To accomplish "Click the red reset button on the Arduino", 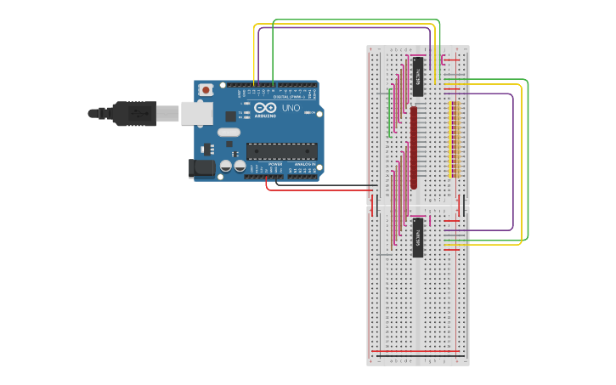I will coord(206,89).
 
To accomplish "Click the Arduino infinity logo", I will coord(265,109).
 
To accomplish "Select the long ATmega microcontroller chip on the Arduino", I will coord(282,151).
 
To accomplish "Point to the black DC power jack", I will coord(202,167).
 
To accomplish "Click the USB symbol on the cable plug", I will coord(136,112).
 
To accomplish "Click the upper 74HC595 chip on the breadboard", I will coord(418,77).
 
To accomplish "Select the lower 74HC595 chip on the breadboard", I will coord(418,237).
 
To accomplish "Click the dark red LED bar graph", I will coord(414,146).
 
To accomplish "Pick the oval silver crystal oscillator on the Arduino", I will coord(229,132).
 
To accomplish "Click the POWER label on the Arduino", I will coord(275,164).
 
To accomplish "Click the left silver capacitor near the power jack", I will coord(226,166).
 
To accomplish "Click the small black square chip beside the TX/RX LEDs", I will coord(230,116).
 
